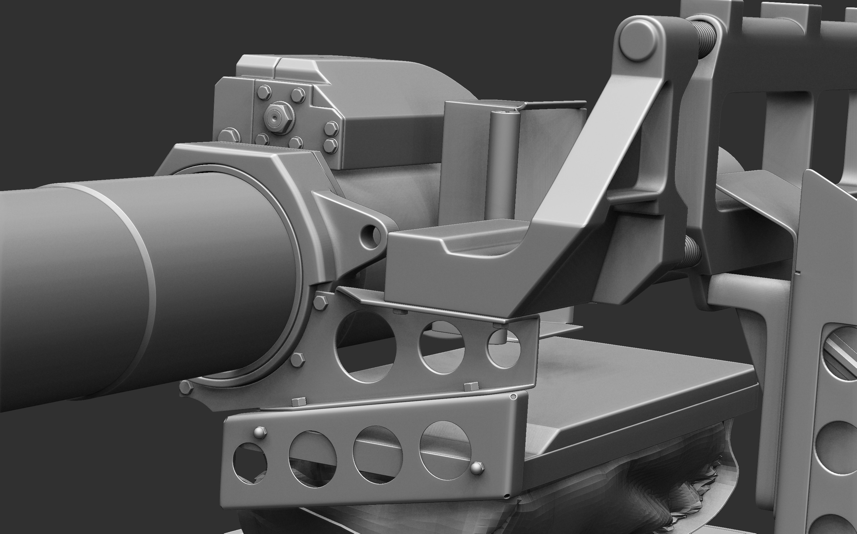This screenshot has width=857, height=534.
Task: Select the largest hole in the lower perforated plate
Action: (x=445, y=450)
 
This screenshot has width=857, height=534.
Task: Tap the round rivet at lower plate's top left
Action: (x=260, y=432)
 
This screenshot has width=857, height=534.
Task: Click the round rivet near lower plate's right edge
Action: (x=477, y=468)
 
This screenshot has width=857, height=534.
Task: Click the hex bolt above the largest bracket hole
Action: (x=320, y=302)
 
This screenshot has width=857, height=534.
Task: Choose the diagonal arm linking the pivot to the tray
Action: (x=594, y=141)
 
